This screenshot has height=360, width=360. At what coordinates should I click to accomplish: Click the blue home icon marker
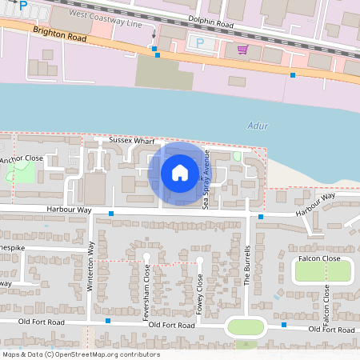180,172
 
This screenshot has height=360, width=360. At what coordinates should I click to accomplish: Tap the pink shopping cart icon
242,50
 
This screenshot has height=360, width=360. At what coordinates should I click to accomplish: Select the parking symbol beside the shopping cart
199,42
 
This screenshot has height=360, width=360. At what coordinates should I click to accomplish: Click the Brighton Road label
59,34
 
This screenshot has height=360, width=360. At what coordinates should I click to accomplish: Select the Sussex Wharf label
132,141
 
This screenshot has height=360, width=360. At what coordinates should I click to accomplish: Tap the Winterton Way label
91,266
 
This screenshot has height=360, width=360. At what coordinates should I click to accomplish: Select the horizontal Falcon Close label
319,258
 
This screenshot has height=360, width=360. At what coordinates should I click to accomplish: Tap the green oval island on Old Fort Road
246,326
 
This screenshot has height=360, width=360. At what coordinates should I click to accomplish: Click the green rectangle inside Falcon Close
322,272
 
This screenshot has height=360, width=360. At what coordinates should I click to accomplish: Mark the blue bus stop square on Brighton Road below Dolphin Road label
157,55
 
